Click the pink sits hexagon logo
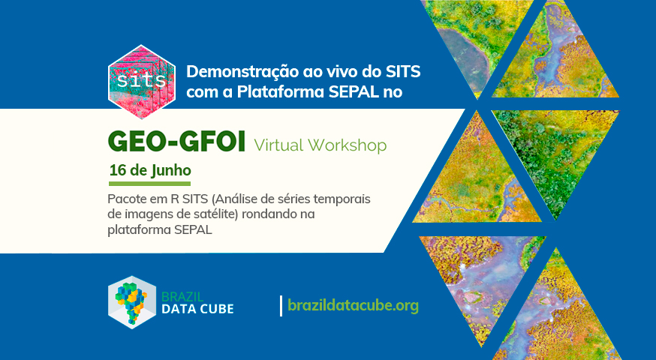[142, 82]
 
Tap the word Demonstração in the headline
[242, 72]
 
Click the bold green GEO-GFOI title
[176, 142]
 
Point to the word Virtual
[278, 145]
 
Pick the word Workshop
[348, 145]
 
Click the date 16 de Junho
[150, 170]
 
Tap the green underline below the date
[150, 184]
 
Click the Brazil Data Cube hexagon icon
[132, 302]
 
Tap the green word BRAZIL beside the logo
[182, 297]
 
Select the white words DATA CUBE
[197, 309]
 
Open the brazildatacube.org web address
[353, 306]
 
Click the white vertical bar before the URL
[281, 306]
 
